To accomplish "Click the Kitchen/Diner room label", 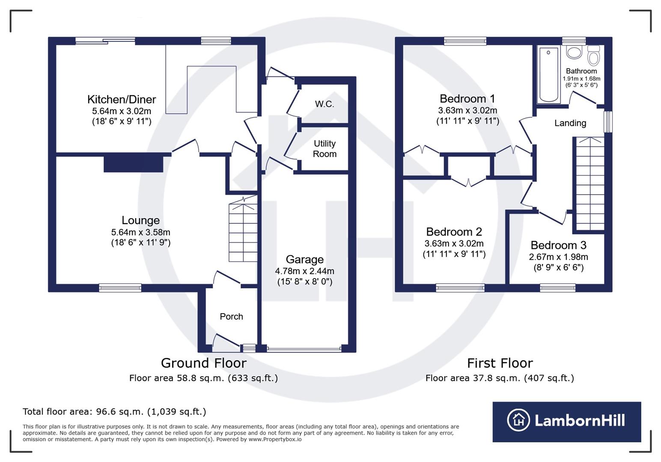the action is pyautogui.click(x=122, y=100).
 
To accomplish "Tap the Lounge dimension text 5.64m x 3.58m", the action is pyautogui.click(x=141, y=232).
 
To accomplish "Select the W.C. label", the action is pyautogui.click(x=325, y=104).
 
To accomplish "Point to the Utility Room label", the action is pyautogui.click(x=325, y=148).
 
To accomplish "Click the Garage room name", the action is pyautogui.click(x=305, y=260).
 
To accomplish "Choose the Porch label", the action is pyautogui.click(x=231, y=317).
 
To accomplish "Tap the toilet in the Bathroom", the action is pyautogui.click(x=593, y=55).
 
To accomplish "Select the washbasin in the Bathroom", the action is pyautogui.click(x=574, y=52).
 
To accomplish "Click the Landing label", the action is pyautogui.click(x=570, y=123).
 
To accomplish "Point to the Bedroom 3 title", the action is pyautogui.click(x=558, y=245).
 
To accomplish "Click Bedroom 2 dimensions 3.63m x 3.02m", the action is pyautogui.click(x=454, y=243).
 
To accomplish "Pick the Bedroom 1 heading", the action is pyautogui.click(x=467, y=99).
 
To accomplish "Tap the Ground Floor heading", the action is pyautogui.click(x=204, y=363).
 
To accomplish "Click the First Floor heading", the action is pyautogui.click(x=500, y=363).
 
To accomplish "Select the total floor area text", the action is pyautogui.click(x=114, y=412).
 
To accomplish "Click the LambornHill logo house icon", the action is pyautogui.click(x=518, y=420).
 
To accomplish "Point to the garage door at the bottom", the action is pyautogui.click(x=304, y=349).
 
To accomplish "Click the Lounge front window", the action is pyautogui.click(x=120, y=287).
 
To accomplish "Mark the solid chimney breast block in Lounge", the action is pyautogui.click(x=134, y=164).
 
